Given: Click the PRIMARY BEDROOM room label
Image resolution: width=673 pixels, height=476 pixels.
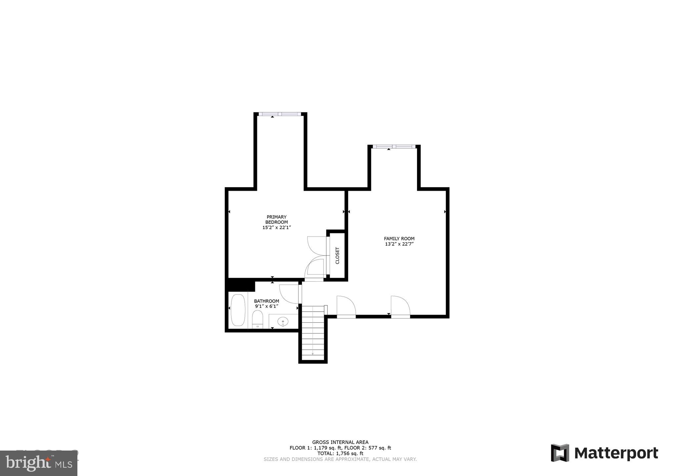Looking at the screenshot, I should (x=276, y=219).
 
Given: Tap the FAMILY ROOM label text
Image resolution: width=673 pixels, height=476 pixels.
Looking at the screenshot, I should (x=399, y=239).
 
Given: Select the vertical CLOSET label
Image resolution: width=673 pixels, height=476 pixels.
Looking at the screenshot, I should (x=337, y=256).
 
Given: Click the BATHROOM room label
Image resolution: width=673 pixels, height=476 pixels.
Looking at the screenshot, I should (x=266, y=301).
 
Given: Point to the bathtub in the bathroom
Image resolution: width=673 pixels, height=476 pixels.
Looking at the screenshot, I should (x=238, y=310).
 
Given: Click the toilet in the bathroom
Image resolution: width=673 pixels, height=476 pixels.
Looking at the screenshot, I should (x=257, y=320).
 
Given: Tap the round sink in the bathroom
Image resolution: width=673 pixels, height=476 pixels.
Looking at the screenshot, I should (x=283, y=321).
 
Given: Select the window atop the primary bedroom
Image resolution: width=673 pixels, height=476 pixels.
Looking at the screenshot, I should (x=280, y=114).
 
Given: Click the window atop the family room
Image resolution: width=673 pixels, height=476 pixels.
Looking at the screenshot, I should (x=394, y=146).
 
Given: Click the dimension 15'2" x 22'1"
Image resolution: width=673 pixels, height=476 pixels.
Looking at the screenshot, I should (x=276, y=228).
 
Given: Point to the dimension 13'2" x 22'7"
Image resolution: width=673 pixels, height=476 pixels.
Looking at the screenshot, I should (x=399, y=244).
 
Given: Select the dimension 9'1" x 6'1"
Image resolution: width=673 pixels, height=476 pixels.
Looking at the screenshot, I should (x=266, y=306).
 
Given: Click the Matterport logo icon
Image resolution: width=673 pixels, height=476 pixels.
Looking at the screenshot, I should (x=560, y=453).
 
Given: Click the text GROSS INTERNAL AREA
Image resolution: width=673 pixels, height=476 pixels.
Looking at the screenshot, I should (x=340, y=442).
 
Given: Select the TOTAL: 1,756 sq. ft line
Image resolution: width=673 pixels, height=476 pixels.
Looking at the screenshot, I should (x=340, y=454).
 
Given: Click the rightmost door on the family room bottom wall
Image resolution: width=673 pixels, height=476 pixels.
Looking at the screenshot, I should (x=400, y=307).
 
